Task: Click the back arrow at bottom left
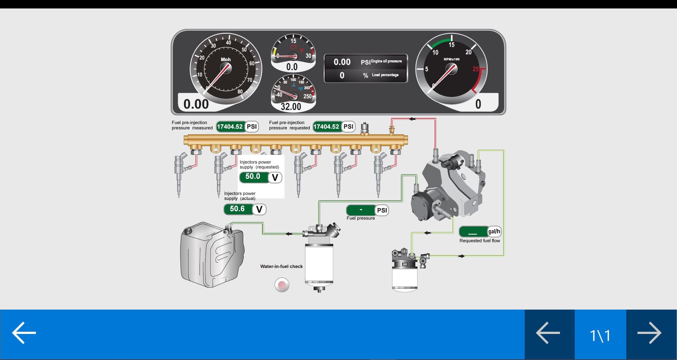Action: [x=24, y=332]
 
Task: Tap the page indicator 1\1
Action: [x=600, y=335]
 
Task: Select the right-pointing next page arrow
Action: [x=649, y=333]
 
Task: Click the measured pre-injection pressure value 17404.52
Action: [x=230, y=127]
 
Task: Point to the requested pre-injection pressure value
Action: [x=326, y=127]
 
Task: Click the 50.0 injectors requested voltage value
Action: [x=253, y=176]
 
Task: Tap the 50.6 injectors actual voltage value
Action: [x=237, y=209]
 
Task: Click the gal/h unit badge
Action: [x=494, y=231]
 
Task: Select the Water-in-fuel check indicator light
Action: [x=282, y=285]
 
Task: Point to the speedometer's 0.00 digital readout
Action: [x=196, y=104]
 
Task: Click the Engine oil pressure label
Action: [x=386, y=61]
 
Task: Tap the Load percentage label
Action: [x=385, y=75]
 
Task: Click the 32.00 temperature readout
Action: [x=291, y=106]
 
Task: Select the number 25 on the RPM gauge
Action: [x=476, y=69]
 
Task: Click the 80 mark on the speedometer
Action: [x=240, y=92]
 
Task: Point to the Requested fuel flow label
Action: [x=480, y=241]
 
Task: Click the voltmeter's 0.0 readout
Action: [x=292, y=67]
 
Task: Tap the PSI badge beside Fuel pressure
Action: [x=382, y=210]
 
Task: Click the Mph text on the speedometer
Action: [x=226, y=59]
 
